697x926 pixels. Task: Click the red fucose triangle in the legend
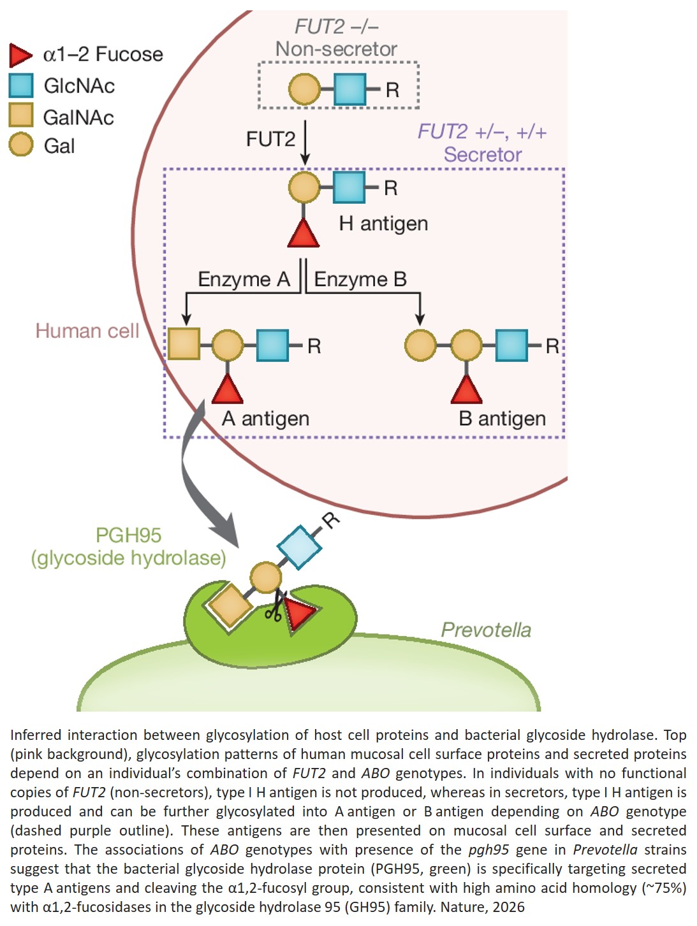(x=20, y=55)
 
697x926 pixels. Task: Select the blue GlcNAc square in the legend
(x=21, y=85)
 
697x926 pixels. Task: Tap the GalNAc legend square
(x=21, y=115)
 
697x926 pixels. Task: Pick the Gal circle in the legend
(x=21, y=145)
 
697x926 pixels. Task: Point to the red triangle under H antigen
(x=304, y=233)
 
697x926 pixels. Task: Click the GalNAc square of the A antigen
(x=184, y=344)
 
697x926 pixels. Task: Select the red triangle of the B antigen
(x=466, y=389)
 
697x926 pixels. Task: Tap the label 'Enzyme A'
(x=244, y=279)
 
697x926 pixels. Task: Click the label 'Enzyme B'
(x=360, y=279)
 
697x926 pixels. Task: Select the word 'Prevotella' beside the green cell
(x=486, y=630)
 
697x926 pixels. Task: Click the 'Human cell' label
(x=87, y=331)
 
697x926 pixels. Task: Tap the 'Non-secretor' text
(x=336, y=49)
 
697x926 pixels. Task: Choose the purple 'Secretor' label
(x=482, y=154)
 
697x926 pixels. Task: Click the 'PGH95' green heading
(x=128, y=535)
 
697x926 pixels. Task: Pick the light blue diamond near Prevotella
(x=299, y=547)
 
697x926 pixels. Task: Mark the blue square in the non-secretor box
(x=349, y=89)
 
